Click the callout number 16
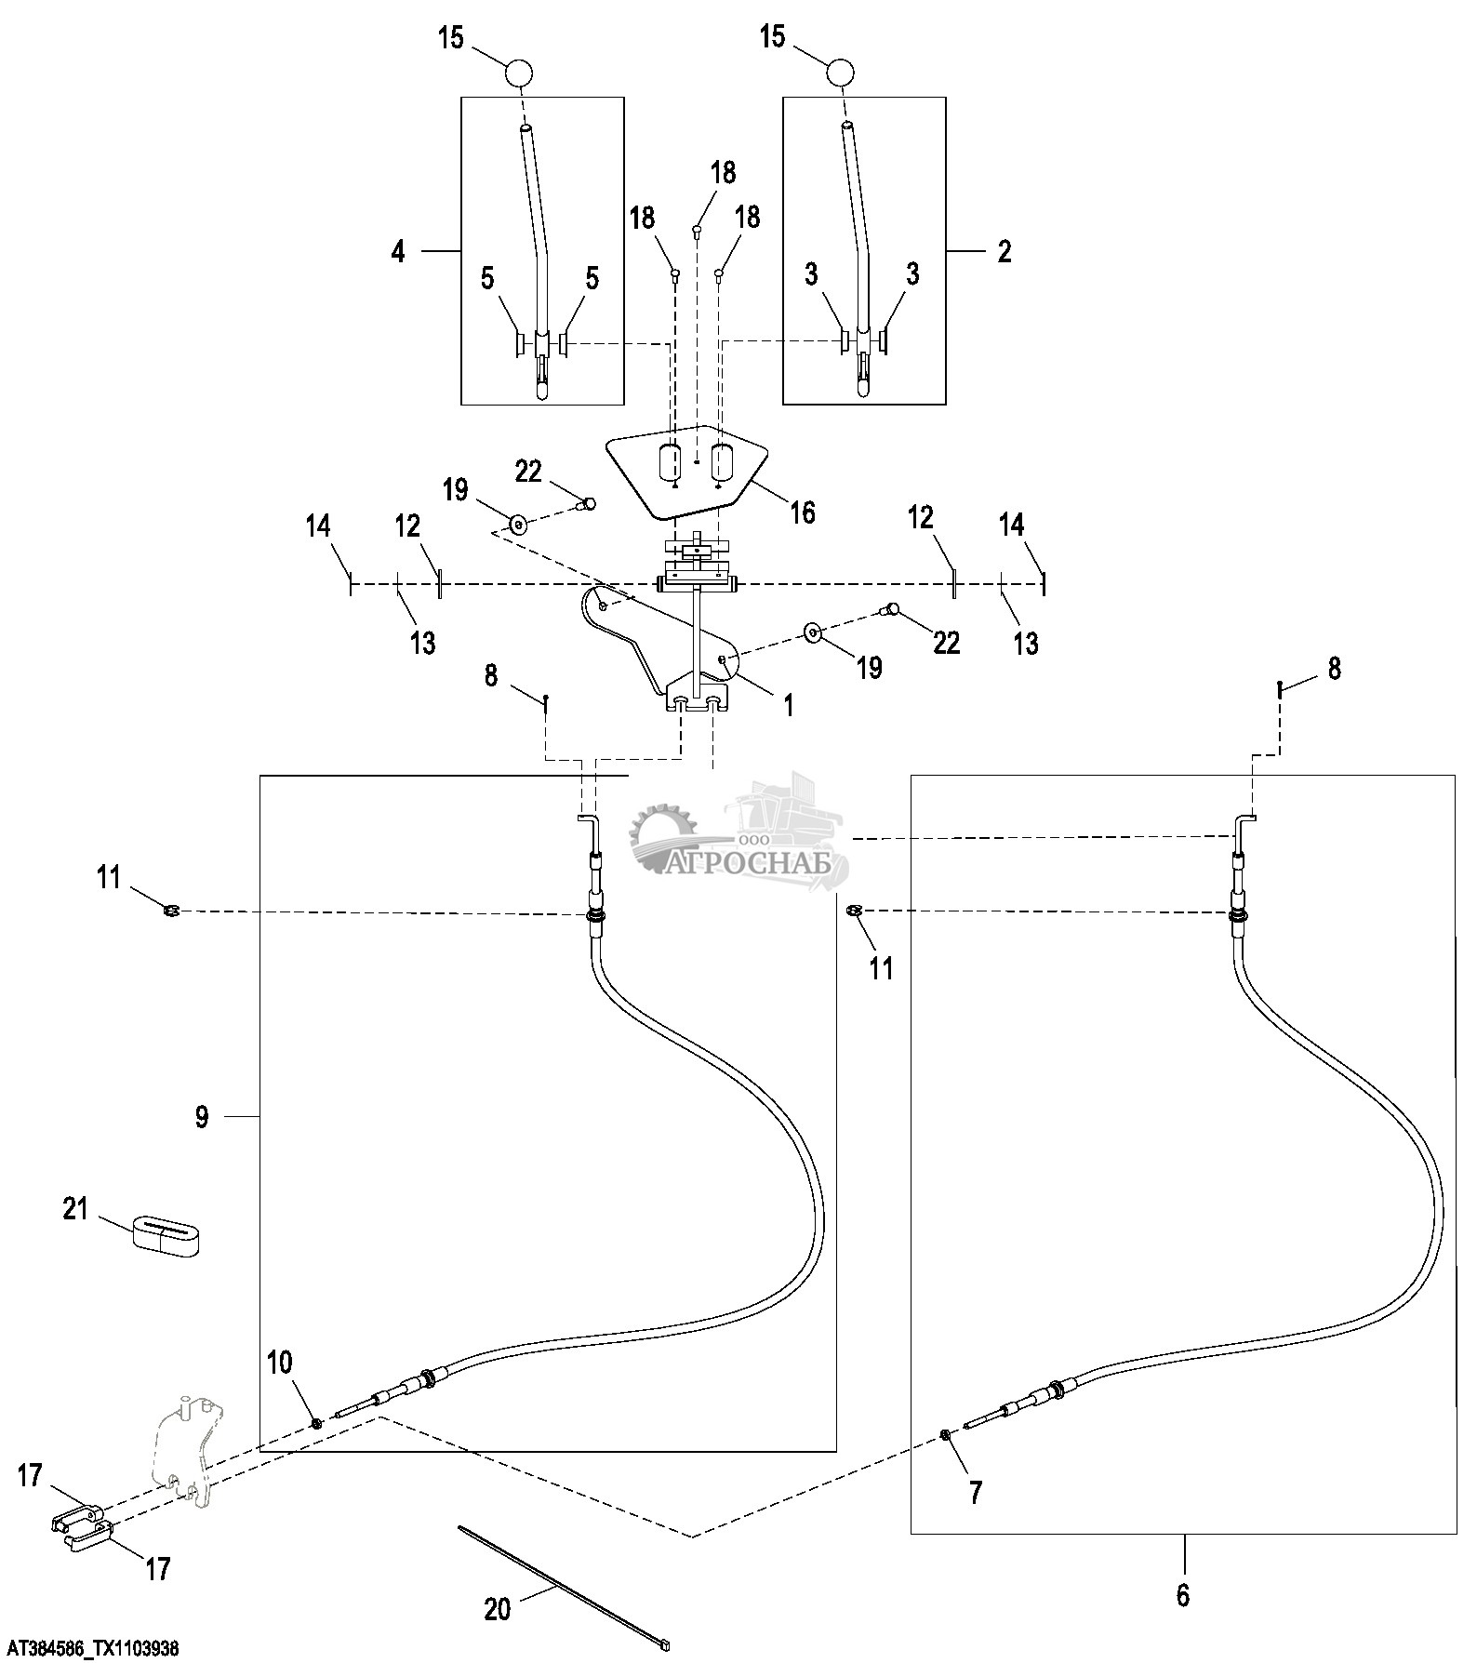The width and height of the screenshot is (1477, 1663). coord(802,512)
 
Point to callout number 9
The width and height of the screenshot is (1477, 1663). coord(202,1116)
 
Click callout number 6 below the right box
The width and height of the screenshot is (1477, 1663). coord(1182,1594)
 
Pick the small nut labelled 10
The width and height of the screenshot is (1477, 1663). coord(317,1423)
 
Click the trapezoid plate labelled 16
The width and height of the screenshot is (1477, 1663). coord(688,470)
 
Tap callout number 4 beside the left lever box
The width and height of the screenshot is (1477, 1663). coord(398,251)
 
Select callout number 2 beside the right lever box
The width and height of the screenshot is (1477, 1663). coord(1004,251)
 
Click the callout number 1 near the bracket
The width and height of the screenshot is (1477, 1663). coord(788,705)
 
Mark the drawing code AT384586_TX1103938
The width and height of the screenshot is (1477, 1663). coord(90,1649)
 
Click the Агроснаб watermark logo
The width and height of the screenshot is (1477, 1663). coord(744,837)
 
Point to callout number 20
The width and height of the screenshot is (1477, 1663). coord(498,1608)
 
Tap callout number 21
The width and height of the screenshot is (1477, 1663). coord(74,1209)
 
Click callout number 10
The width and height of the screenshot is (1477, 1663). coord(279,1364)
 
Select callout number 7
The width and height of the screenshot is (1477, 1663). coord(975,1493)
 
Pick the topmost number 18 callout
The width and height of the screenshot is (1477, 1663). coord(723,173)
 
